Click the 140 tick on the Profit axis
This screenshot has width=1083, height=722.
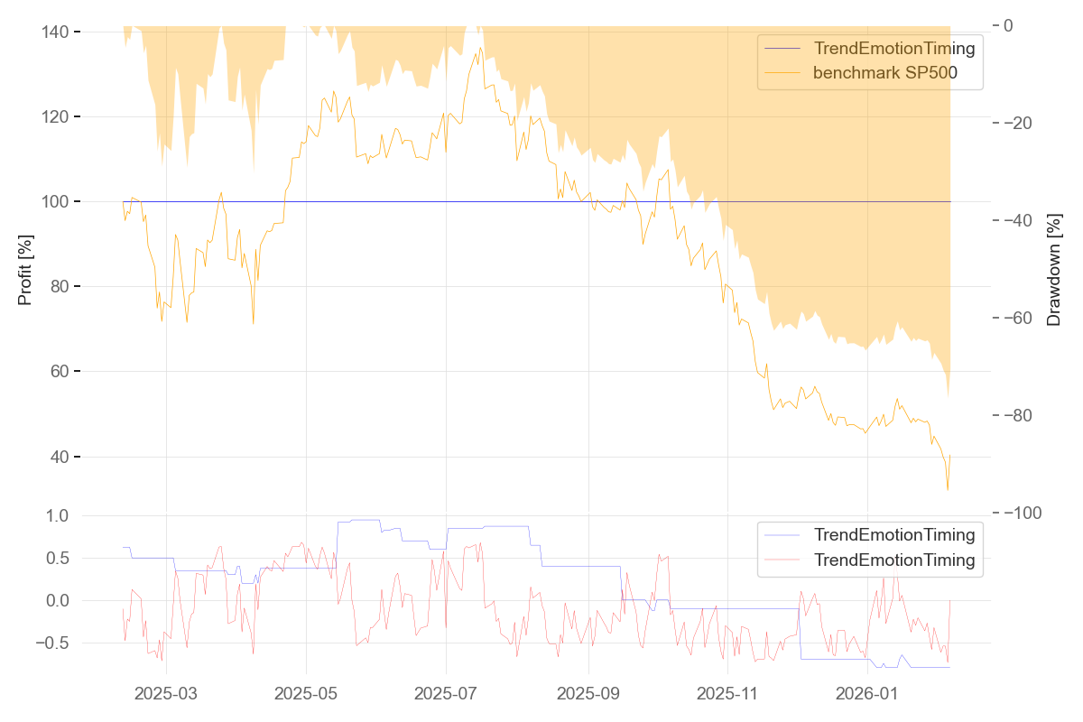click(x=56, y=32)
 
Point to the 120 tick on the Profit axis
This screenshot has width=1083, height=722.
click(x=56, y=117)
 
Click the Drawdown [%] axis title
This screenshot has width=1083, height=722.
click(x=1054, y=269)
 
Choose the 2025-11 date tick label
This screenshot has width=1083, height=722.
click(x=727, y=694)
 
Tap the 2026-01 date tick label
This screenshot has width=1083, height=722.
click(x=867, y=694)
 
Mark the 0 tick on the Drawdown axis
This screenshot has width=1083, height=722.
click(x=1009, y=25)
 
